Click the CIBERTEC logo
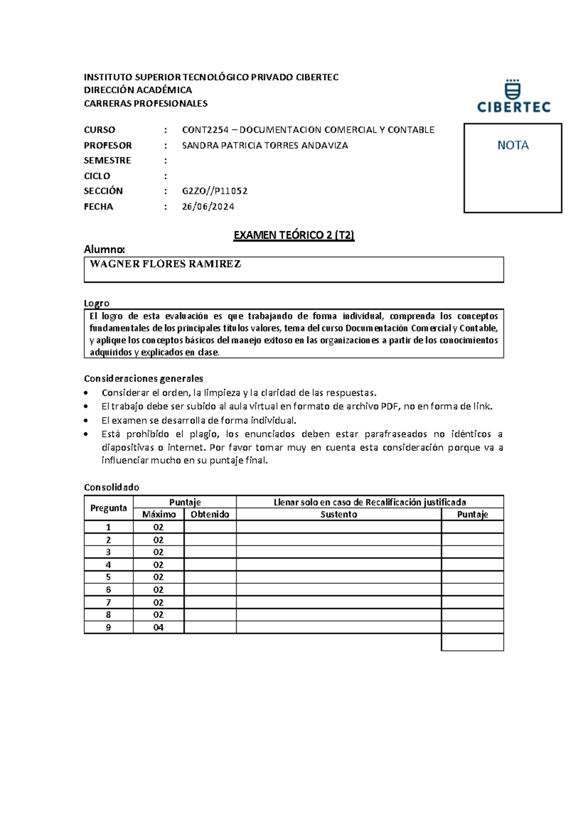coord(514,97)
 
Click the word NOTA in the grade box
coord(513,145)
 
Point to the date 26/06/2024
coord(208,206)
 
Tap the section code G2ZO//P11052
coord(215,191)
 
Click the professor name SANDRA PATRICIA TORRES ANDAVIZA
coord(265,146)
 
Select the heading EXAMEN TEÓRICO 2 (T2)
coord(294,235)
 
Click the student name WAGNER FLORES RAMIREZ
coord(166,264)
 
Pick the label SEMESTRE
coord(107,160)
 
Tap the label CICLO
coord(97,176)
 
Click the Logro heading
coord(97,303)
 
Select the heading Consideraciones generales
coord(143,378)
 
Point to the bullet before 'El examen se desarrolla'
coord(87,420)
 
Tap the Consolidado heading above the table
coord(111,487)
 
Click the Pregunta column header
coord(108,508)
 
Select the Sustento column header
coord(339,514)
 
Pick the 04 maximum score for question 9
coord(158,627)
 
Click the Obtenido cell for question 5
coord(210,577)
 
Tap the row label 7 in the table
coord(108,602)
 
